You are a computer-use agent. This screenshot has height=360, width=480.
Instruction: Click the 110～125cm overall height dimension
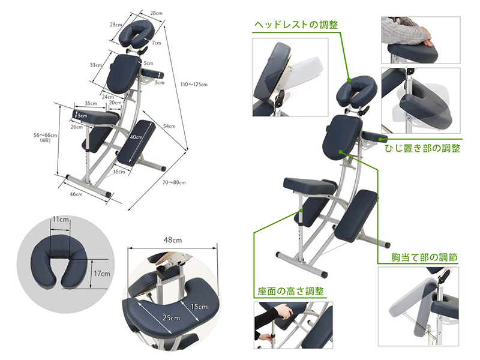coord(195,85)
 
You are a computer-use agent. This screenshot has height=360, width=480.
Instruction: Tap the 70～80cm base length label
coord(173,182)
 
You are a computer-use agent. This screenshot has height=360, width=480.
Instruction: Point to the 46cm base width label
coord(76,194)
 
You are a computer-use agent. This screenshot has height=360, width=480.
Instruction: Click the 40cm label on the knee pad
coord(137,137)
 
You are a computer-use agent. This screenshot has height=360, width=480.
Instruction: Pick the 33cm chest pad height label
coord(95,64)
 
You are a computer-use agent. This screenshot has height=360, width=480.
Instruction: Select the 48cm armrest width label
coord(171,239)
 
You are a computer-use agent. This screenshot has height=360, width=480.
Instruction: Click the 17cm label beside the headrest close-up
coord(102,274)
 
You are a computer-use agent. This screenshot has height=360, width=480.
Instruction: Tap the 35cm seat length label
coord(91,103)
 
